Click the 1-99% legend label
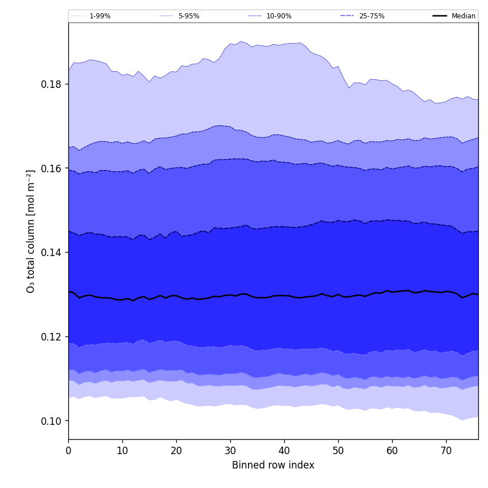coord(100,16)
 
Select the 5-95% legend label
coord(189,16)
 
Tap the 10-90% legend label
coord(279,16)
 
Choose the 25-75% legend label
coord(371,16)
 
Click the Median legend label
coord(463,16)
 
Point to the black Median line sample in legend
coord(440,16)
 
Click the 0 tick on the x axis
coord(68,451)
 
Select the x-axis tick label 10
coord(122,451)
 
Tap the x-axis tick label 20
coord(176,451)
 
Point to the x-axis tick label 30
coord(230,451)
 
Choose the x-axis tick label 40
coord(284,451)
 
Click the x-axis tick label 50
coord(338,451)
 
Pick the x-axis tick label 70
coord(446,451)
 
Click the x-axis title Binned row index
coord(273,465)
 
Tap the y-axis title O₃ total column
coord(31,231)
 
